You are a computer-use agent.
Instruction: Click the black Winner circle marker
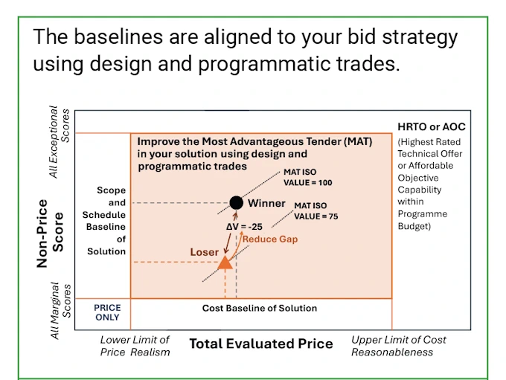click(236, 202)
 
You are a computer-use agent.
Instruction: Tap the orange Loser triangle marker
click(225, 261)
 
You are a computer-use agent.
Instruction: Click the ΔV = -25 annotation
click(244, 226)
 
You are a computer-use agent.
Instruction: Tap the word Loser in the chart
click(204, 252)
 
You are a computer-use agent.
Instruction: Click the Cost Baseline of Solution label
click(260, 308)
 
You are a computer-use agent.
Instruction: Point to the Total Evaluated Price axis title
click(260, 344)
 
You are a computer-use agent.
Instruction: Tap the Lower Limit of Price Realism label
click(135, 346)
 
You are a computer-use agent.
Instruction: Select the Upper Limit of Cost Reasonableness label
click(399, 346)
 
